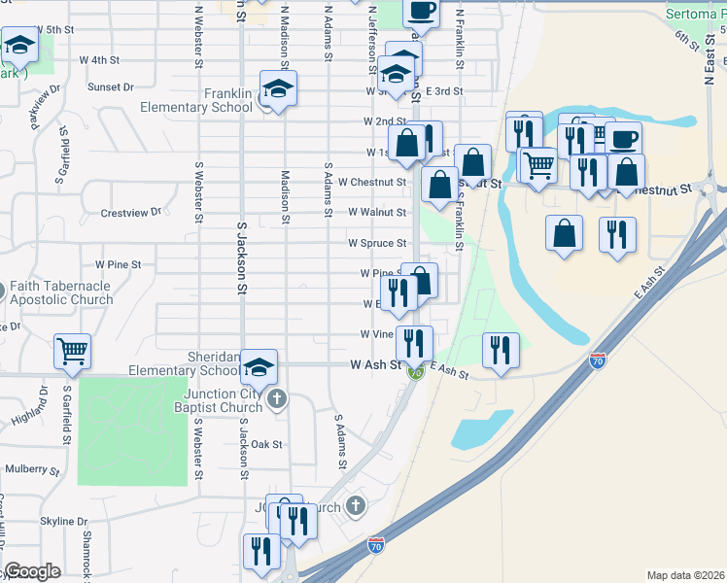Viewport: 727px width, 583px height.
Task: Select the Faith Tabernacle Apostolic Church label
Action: tap(61, 292)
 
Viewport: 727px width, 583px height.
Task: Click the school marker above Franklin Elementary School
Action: tap(279, 90)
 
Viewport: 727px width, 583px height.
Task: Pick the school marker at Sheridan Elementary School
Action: tap(260, 367)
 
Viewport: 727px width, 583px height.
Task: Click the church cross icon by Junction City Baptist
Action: tap(277, 399)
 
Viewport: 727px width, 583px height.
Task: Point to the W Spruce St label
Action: tap(377, 243)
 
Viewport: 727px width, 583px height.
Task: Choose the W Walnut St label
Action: tap(377, 212)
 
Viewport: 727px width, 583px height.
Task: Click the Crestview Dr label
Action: tap(130, 212)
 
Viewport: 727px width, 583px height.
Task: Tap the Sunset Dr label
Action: tap(110, 86)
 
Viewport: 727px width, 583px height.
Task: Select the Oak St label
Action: tap(266, 444)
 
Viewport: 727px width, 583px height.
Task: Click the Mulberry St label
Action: tap(33, 468)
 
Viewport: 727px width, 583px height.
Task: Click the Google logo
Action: tap(33, 571)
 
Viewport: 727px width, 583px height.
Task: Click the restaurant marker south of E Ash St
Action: tap(501, 350)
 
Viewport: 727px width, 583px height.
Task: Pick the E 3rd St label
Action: tap(443, 90)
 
